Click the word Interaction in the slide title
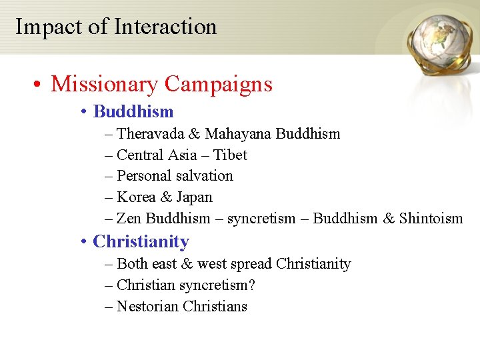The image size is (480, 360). (x=165, y=27)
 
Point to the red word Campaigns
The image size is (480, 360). (x=218, y=84)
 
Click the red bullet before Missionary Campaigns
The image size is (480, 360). (x=39, y=85)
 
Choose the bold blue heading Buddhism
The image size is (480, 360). (x=133, y=111)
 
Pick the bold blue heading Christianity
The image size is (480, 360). (x=141, y=241)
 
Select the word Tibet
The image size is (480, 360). (x=230, y=155)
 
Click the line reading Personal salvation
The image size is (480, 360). (x=175, y=176)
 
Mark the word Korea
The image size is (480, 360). (x=136, y=197)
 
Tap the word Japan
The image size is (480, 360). (x=194, y=197)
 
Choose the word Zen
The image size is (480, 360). (x=129, y=219)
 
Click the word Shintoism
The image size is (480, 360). (x=431, y=219)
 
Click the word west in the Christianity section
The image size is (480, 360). (x=212, y=264)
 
